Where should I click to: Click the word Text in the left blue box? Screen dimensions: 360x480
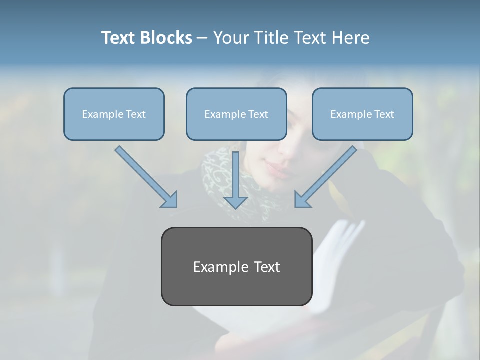[x=136, y=114]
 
